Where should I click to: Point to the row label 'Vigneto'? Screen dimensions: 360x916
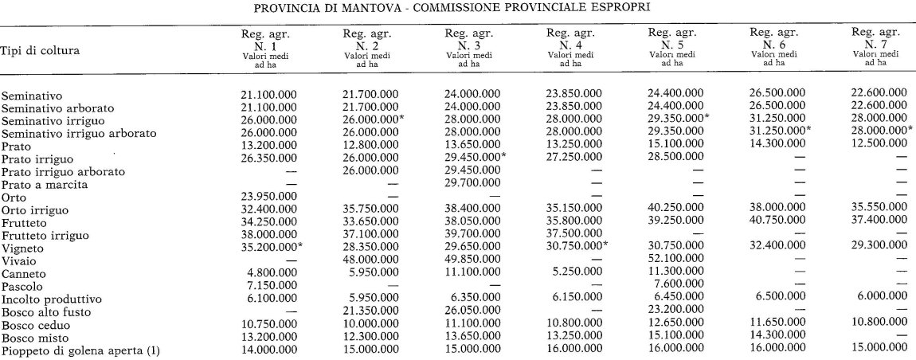pyautogui.click(x=23, y=249)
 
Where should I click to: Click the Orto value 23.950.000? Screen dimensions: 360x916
pyautogui.click(x=269, y=198)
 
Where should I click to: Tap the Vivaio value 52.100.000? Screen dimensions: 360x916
pyautogui.click(x=675, y=261)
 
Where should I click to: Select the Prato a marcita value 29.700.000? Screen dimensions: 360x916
pyautogui.click(x=472, y=185)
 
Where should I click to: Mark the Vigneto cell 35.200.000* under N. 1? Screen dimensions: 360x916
pyautogui.click(x=272, y=248)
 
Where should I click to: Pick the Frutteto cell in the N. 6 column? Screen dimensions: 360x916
pyautogui.click(x=777, y=224)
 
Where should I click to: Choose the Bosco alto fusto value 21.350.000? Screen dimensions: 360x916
pyautogui.click(x=370, y=312)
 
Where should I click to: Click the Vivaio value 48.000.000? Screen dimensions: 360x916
pyautogui.click(x=370, y=261)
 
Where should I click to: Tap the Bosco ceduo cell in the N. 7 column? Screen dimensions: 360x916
pyautogui.click(x=879, y=325)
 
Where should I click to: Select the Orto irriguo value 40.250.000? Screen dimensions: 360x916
pyautogui.click(x=675, y=211)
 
